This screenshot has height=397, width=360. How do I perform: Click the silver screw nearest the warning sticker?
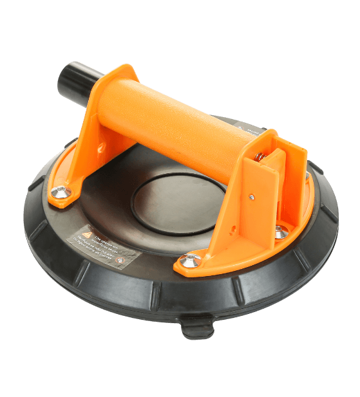pos(190,261)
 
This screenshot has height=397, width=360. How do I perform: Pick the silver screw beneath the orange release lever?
pos(281,232)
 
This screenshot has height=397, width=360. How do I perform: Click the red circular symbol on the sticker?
pos(122,258)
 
